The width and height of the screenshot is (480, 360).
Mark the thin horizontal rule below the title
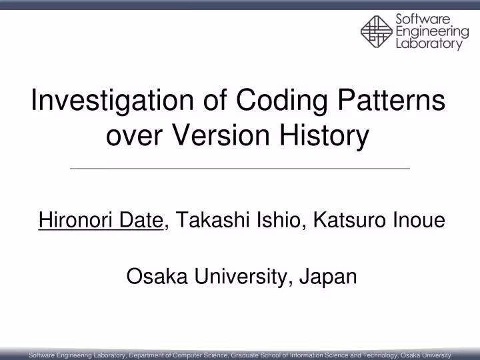click(x=240, y=169)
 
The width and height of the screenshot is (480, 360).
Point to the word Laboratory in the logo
click(x=429, y=44)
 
